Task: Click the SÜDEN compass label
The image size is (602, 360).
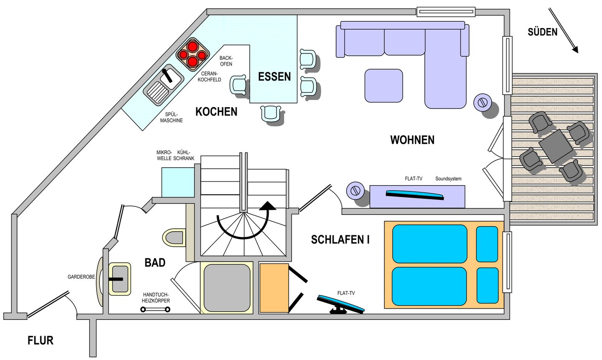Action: click(x=542, y=32)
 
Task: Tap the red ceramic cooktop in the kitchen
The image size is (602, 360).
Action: click(x=193, y=55)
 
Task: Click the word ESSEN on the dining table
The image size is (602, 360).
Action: click(x=274, y=77)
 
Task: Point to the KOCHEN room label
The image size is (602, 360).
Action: click(x=217, y=112)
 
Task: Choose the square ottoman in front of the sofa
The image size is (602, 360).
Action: click(x=383, y=86)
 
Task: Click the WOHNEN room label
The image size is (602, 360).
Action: click(x=412, y=140)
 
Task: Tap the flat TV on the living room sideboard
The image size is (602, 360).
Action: click(x=415, y=195)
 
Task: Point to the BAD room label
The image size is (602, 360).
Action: click(x=155, y=263)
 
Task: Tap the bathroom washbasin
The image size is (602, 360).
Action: click(x=120, y=279)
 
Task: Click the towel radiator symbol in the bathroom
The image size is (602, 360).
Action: click(x=156, y=309)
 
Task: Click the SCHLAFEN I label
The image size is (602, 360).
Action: click(x=340, y=240)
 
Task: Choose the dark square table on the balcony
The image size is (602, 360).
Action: click(x=556, y=146)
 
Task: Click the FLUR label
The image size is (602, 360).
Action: click(x=41, y=340)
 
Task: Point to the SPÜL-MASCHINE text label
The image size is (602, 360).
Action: click(x=171, y=117)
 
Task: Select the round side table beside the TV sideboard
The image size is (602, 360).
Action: click(x=355, y=190)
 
